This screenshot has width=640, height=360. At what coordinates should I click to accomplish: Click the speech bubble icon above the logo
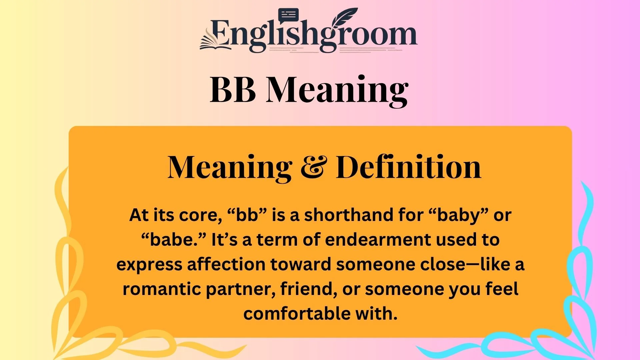[288, 15]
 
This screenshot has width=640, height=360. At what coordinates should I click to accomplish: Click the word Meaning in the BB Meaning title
[337, 90]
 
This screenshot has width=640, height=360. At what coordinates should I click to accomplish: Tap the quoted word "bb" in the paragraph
[247, 215]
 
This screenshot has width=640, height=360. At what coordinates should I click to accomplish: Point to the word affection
[226, 264]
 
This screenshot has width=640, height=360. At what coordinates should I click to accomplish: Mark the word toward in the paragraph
[300, 264]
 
